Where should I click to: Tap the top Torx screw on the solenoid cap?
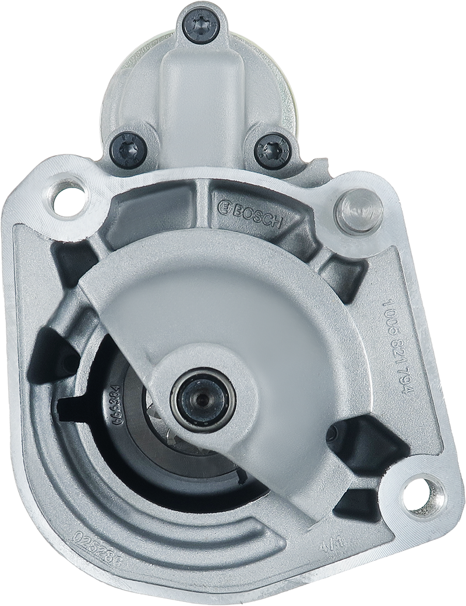201,25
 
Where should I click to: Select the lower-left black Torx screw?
128,149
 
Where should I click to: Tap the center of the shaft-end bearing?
203,400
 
